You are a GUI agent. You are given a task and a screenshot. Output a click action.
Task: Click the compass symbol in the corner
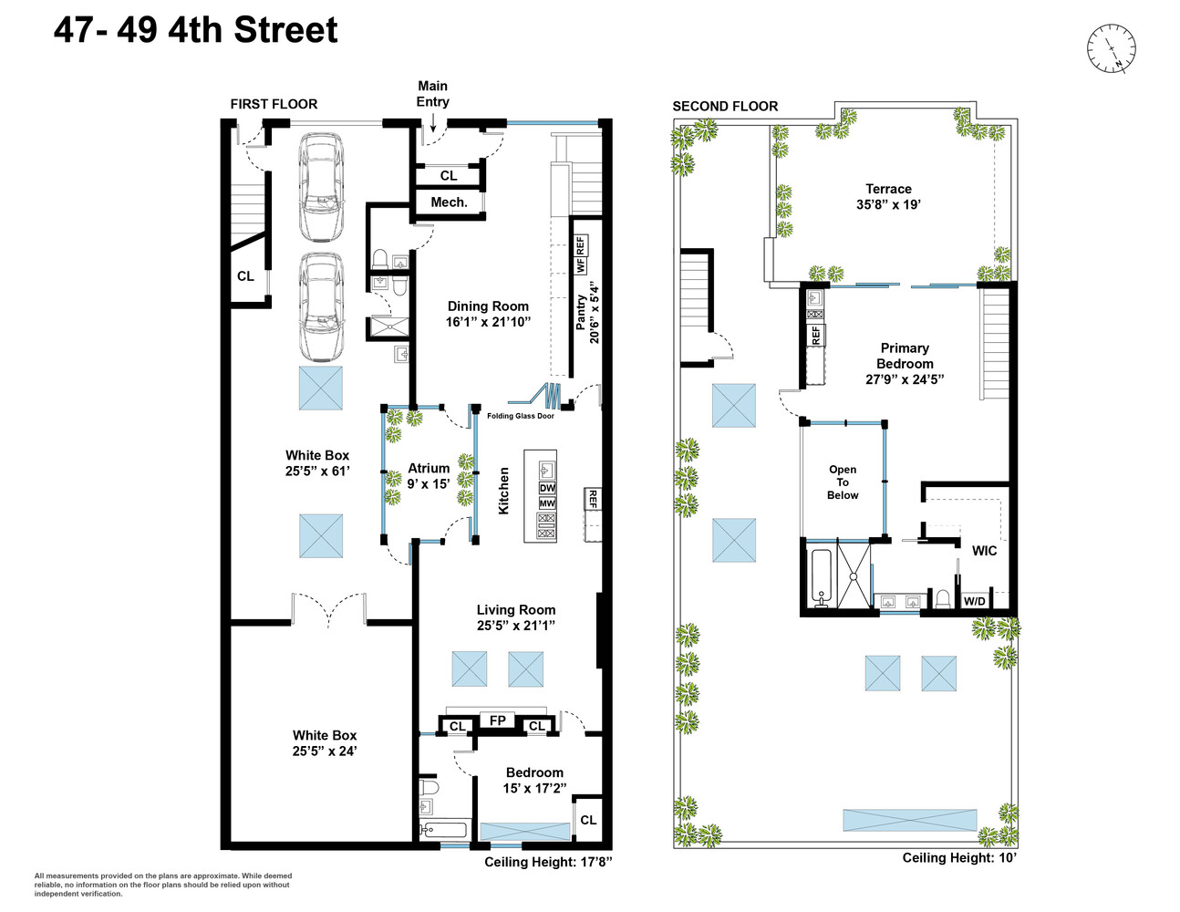point(1111,48)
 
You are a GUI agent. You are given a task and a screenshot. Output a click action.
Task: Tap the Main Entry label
point(432,94)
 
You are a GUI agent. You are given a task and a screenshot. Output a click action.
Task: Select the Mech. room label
point(449,202)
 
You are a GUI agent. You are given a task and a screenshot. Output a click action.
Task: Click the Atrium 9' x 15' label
point(429,476)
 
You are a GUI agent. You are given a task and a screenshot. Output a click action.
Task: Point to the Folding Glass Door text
point(520,416)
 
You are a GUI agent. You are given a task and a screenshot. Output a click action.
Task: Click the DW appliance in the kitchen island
point(547,488)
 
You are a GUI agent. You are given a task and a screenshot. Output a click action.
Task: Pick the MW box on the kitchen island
point(547,503)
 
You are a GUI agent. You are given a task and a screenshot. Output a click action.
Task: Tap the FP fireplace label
point(497,721)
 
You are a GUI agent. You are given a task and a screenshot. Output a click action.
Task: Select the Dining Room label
point(488,314)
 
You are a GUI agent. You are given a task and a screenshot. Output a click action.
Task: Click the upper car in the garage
point(321,187)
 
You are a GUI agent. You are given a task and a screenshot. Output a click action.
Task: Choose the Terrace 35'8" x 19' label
point(888,197)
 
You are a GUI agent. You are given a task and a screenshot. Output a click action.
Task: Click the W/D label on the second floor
point(974,601)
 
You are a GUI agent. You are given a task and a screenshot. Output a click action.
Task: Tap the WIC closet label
point(984,551)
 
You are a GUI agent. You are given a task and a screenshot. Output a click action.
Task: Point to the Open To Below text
point(843,482)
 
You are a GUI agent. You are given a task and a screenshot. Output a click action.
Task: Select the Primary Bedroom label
point(905,363)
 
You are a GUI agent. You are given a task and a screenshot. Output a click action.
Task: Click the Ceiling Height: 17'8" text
point(547,862)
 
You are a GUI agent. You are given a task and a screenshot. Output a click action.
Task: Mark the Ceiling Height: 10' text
point(958,857)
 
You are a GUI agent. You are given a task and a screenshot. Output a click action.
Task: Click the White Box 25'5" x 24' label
point(325,742)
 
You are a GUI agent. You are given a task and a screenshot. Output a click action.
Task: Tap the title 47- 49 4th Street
point(195,30)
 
